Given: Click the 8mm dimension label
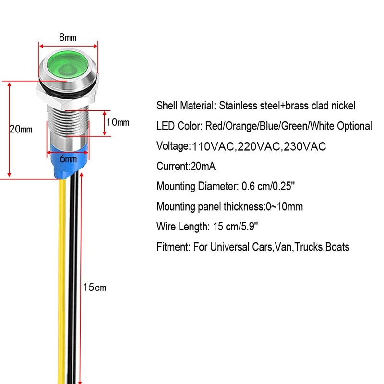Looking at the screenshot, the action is [68, 37].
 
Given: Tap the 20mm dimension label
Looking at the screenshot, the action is [21, 129].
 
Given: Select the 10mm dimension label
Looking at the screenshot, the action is [118, 122].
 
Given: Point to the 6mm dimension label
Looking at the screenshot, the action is [68, 159].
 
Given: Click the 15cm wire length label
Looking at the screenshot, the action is [95, 287].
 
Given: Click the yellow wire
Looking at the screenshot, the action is [62, 281].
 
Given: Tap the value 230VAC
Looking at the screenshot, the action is [305, 146].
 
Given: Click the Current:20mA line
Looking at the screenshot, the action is [186, 166].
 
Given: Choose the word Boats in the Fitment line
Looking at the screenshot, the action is [337, 247].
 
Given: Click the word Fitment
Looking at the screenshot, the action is [173, 247].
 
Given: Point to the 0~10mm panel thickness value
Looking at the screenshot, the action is [284, 206].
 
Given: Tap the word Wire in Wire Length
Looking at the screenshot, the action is [166, 227].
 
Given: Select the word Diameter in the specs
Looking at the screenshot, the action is [218, 186].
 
